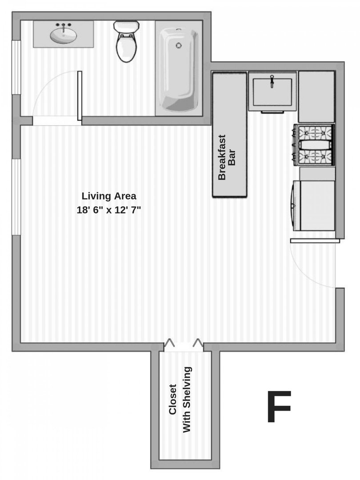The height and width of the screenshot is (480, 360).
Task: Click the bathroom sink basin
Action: tap(63, 36)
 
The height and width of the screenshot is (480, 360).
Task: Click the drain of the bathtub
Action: tap(179, 45)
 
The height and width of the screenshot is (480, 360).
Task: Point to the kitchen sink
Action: tap(272, 92)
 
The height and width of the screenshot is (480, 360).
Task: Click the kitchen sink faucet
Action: tap(272, 81)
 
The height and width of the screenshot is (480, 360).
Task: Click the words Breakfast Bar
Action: tap(227, 157)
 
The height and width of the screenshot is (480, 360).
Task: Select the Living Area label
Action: tap(109, 196)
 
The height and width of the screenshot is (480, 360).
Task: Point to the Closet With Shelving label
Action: tap(180, 399)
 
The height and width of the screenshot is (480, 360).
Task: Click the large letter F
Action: tap(279, 407)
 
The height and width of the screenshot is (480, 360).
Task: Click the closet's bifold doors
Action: tap(184, 344)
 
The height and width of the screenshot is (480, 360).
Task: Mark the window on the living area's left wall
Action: tap(16, 196)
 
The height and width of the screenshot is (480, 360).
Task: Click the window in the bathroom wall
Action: tap(16, 67)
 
